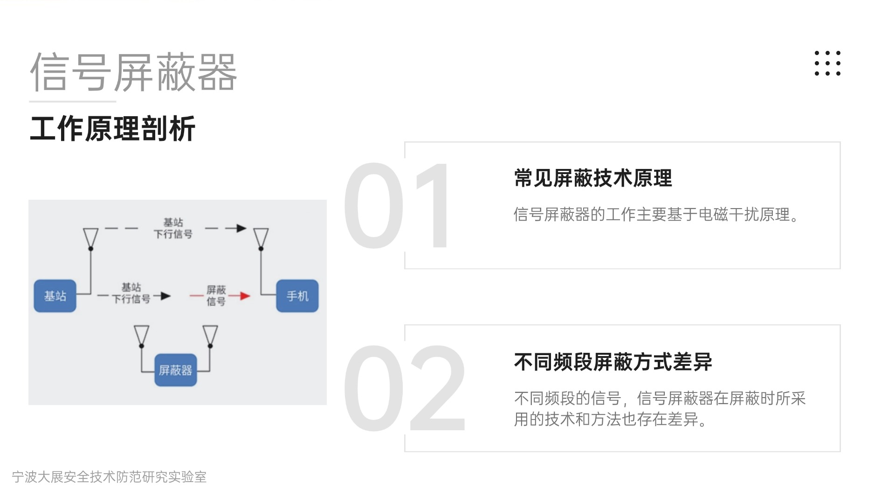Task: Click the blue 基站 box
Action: pos(55,296)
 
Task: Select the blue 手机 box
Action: pos(297,296)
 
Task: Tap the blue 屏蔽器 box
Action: pos(175,370)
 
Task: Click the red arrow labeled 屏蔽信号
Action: pos(240,295)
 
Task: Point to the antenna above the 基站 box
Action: pos(90,238)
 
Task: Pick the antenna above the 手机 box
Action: pos(261,238)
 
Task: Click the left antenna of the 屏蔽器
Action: pos(142,335)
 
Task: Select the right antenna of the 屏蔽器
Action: pos(210,335)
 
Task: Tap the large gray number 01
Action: pos(396,205)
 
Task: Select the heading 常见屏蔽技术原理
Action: pos(593,178)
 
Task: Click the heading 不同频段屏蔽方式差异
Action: pos(613,362)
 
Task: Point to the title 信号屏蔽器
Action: pos(134,72)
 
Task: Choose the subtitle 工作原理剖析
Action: pos(112,129)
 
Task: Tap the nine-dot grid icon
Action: pos(827,63)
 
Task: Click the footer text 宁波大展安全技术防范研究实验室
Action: pos(109,477)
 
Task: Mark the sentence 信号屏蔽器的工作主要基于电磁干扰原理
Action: pos(656,215)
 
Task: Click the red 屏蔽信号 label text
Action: pos(216,295)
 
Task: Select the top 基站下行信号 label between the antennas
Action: pos(173,228)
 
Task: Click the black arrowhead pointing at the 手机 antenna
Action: pos(241,228)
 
